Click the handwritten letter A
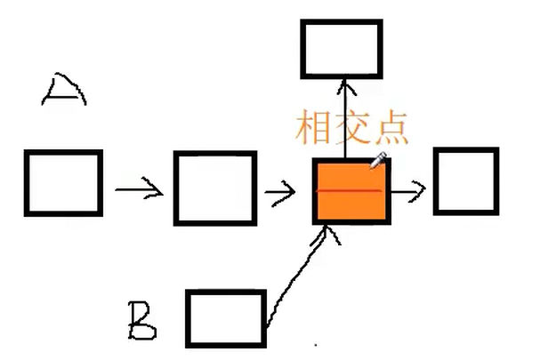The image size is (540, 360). coord(64,91)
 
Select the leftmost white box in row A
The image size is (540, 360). coord(62,182)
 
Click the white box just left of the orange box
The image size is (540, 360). coord(214,188)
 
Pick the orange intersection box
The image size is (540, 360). coord(351,190)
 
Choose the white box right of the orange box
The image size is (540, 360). coord(465,181)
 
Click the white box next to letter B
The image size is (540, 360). coord(226,318)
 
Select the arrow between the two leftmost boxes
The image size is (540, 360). coord(138,188)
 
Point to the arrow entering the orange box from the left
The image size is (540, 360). coord(281,190)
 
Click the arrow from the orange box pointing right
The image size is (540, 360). coord(409,190)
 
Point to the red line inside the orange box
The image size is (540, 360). coord(350,190)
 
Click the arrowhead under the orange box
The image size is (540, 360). coord(331,233)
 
